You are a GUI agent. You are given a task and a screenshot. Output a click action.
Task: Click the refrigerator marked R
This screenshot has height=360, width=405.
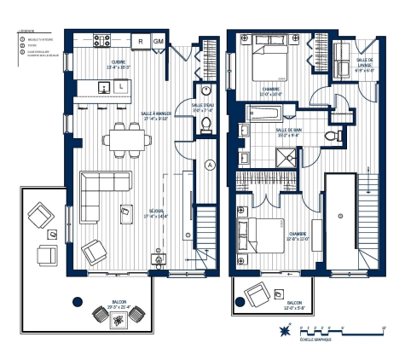pyautogui.click(x=141, y=40)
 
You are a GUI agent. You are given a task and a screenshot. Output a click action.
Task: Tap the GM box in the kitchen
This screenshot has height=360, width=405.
pyautogui.click(x=159, y=40)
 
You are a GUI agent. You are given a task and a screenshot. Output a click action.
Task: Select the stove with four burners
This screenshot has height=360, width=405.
pyautogui.click(x=101, y=40)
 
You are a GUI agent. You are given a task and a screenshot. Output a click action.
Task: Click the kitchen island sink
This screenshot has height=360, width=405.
pyautogui.click(x=104, y=87)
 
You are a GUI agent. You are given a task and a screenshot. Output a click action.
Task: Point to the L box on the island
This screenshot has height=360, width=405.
pyautogui.click(x=121, y=87)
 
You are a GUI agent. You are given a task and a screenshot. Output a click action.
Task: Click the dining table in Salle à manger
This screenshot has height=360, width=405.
pyautogui.click(x=124, y=141)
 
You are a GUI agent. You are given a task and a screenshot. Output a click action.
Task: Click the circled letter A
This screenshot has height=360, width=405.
pyautogui.click(x=211, y=165)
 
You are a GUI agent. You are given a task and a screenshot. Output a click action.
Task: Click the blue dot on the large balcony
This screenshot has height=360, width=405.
pyautogui.click(x=78, y=300)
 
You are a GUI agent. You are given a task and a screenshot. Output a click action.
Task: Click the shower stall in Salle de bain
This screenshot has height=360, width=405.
pyautogui.click(x=286, y=154)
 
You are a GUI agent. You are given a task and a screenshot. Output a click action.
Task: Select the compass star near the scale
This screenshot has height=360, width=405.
pyautogui.click(x=281, y=329)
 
